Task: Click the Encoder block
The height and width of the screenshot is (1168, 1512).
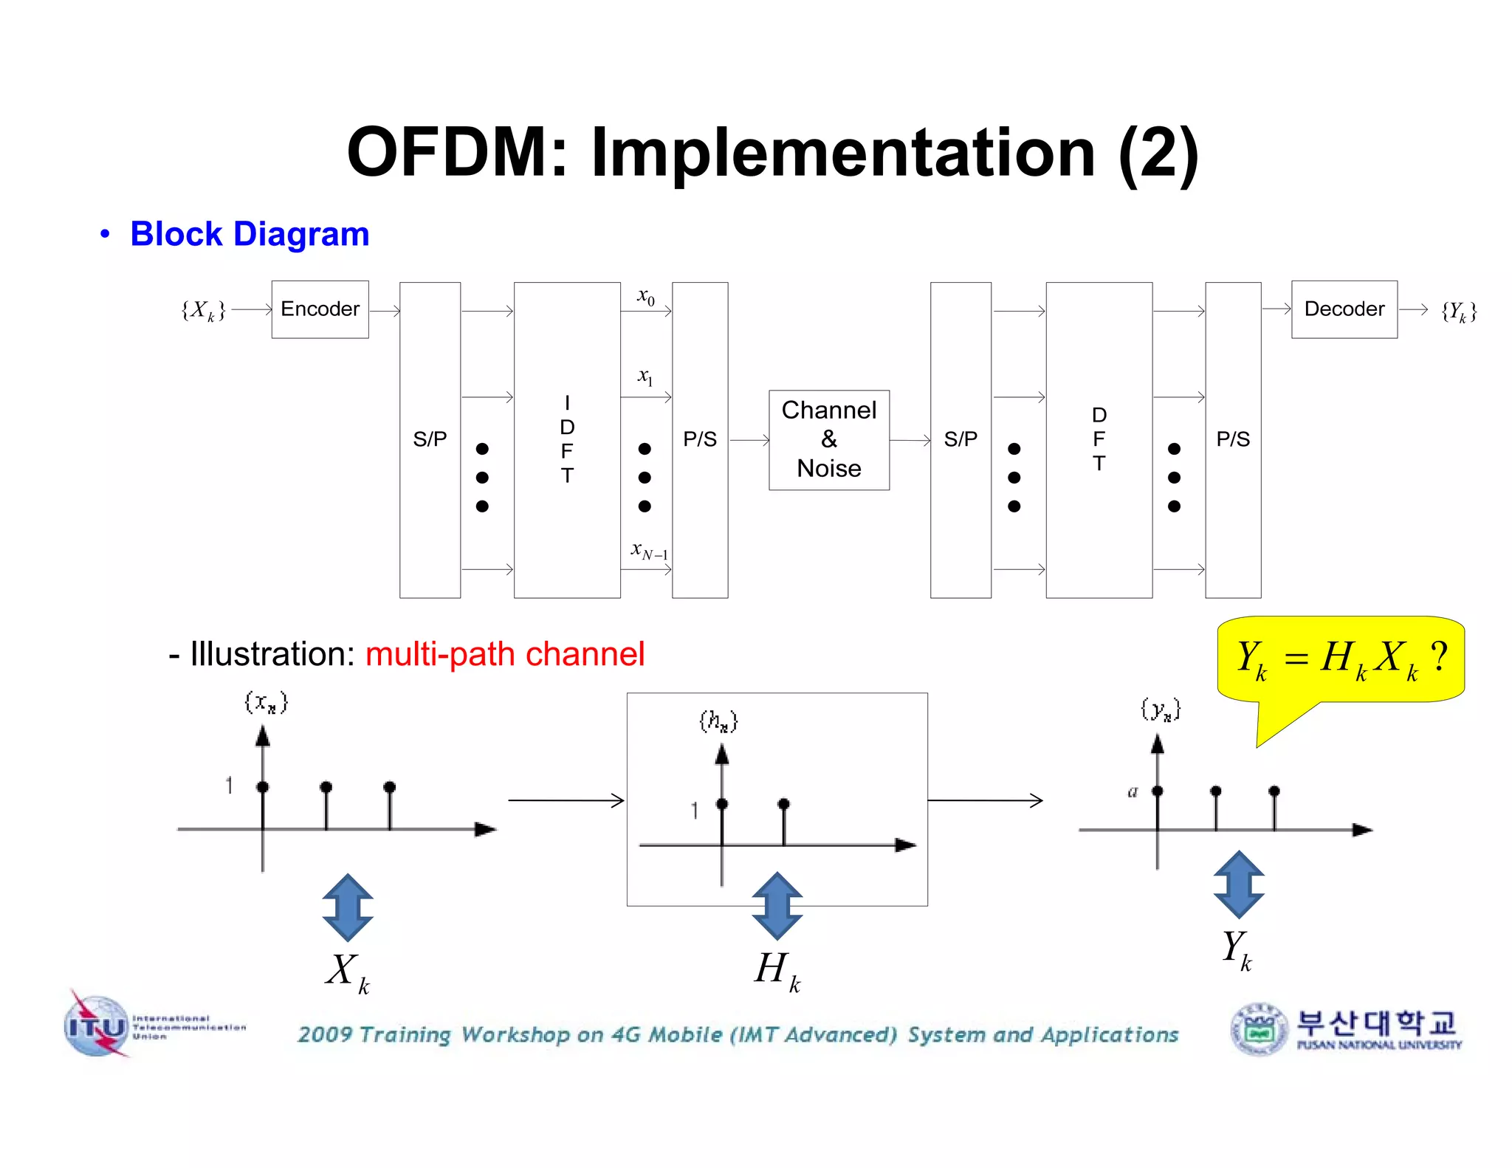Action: (x=320, y=309)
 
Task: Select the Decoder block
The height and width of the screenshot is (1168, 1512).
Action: (x=1344, y=309)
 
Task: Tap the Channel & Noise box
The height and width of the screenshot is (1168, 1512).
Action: (x=828, y=440)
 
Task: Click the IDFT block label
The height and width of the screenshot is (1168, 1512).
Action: (x=566, y=439)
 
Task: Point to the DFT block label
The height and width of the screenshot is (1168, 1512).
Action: (x=1099, y=439)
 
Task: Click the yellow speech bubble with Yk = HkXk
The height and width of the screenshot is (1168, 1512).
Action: (x=1340, y=659)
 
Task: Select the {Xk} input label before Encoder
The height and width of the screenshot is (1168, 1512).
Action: (x=203, y=310)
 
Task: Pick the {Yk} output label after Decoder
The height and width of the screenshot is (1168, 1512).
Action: (x=1459, y=312)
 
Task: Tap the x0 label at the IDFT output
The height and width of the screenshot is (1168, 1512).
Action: (x=646, y=297)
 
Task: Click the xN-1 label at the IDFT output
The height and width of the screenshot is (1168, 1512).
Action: (x=649, y=551)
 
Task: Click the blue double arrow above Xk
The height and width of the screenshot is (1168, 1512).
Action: (x=348, y=907)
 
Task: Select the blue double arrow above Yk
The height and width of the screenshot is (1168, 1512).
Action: (x=1239, y=884)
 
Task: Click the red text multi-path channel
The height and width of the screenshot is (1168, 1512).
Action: (x=505, y=654)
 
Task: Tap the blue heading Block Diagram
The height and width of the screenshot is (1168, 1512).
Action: (x=250, y=234)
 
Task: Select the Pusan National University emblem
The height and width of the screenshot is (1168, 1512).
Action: (x=1258, y=1029)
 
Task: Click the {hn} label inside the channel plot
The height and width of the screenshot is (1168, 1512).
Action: (x=718, y=721)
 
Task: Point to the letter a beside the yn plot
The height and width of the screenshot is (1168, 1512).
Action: (x=1133, y=792)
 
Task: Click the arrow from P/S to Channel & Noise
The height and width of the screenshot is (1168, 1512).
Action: (x=749, y=440)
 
